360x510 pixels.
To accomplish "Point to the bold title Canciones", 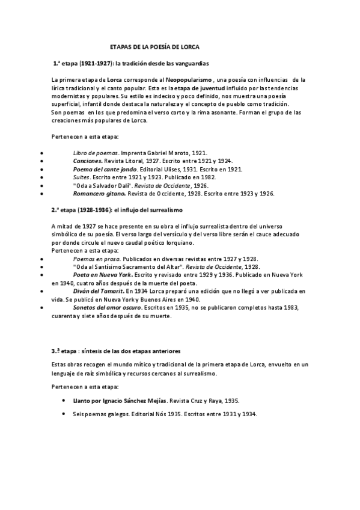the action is [87, 162].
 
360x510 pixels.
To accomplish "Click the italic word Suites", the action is [81, 178].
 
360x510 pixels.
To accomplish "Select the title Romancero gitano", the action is [99, 194].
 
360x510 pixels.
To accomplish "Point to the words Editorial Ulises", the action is [160, 170].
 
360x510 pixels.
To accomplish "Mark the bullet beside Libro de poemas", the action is [40, 154].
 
